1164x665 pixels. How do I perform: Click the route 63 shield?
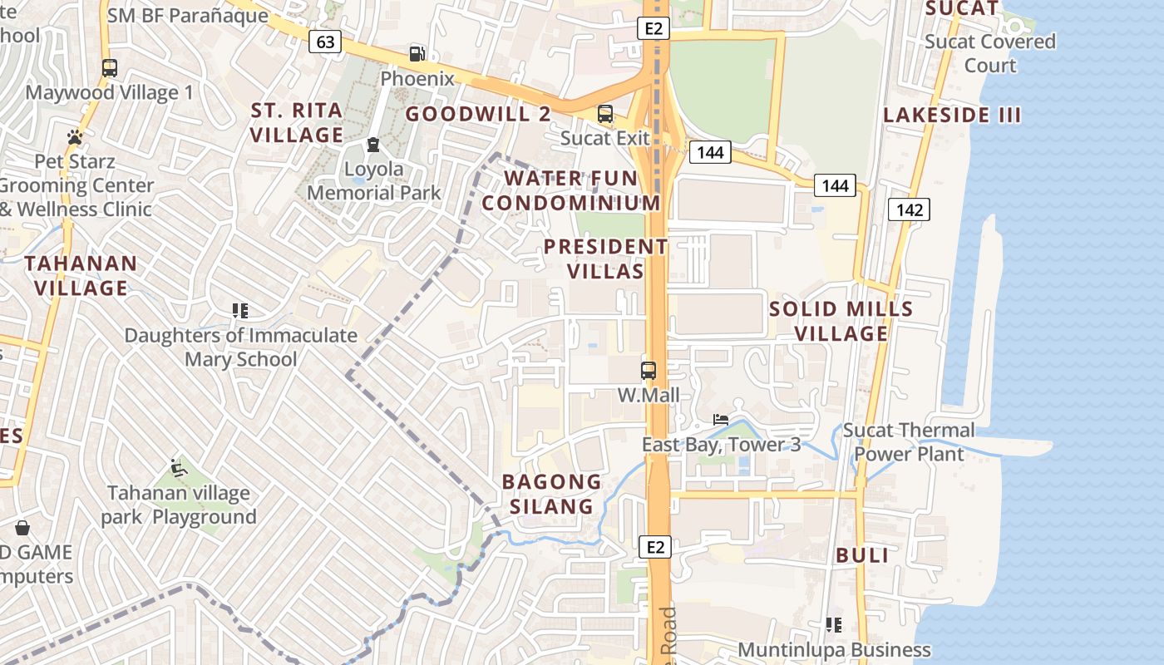pyautogui.click(x=325, y=42)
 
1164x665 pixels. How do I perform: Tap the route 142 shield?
pyautogui.click(x=909, y=209)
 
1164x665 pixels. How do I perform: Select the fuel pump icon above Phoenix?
pyautogui.click(x=417, y=54)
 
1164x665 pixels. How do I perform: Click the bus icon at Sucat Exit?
pyautogui.click(x=605, y=114)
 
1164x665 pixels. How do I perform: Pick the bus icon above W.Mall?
pyautogui.click(x=649, y=371)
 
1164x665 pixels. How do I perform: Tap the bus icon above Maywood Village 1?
pyautogui.click(x=110, y=68)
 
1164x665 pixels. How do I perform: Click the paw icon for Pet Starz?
pyautogui.click(x=75, y=137)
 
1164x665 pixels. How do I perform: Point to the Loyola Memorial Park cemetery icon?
pyautogui.click(x=373, y=145)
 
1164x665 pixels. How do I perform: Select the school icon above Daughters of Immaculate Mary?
pyautogui.click(x=240, y=311)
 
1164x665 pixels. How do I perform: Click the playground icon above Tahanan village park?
pyautogui.click(x=178, y=467)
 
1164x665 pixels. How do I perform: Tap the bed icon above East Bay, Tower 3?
pyautogui.click(x=721, y=420)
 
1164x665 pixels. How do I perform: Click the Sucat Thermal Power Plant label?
pyautogui.click(x=909, y=442)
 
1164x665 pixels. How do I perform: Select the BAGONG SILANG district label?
pyautogui.click(x=551, y=494)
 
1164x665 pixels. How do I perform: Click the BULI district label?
pyautogui.click(x=862, y=555)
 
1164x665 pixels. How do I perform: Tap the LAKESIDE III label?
pyautogui.click(x=951, y=116)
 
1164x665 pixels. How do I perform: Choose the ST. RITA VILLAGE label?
pyautogui.click(x=297, y=122)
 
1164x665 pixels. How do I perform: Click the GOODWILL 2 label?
pyautogui.click(x=478, y=114)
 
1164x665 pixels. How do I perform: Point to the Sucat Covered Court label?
pyautogui.click(x=990, y=53)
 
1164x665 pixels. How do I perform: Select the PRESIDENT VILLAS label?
pyautogui.click(x=605, y=259)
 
